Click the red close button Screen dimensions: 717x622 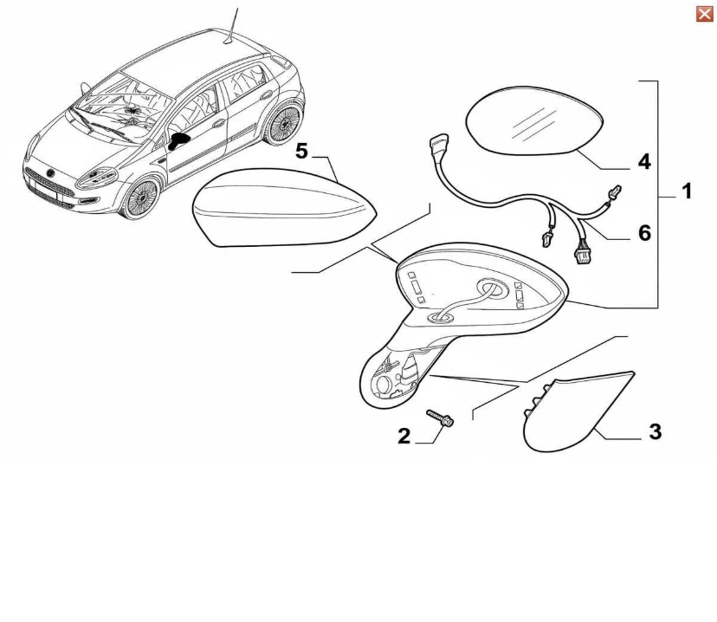[x=704, y=14]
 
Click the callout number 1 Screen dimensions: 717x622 [x=687, y=191]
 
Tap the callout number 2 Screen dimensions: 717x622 [x=404, y=437]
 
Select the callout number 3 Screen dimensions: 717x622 [x=656, y=431]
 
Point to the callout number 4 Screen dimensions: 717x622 [x=644, y=162]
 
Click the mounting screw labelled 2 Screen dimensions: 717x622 [x=440, y=418]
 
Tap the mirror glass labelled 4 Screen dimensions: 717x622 [x=534, y=120]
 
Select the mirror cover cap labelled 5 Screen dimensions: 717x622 [x=283, y=208]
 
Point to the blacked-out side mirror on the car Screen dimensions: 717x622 [x=178, y=140]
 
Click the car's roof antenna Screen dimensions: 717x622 [x=232, y=26]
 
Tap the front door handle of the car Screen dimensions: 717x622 [x=218, y=124]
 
